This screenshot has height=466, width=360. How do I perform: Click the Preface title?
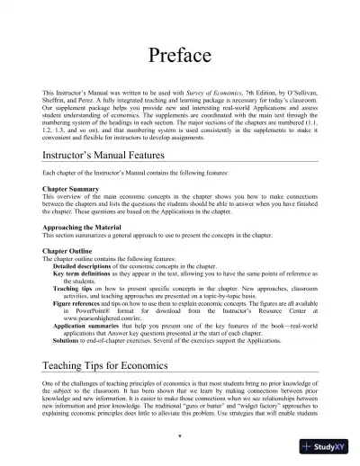click(180, 57)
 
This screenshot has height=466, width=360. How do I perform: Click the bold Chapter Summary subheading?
click(70, 190)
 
